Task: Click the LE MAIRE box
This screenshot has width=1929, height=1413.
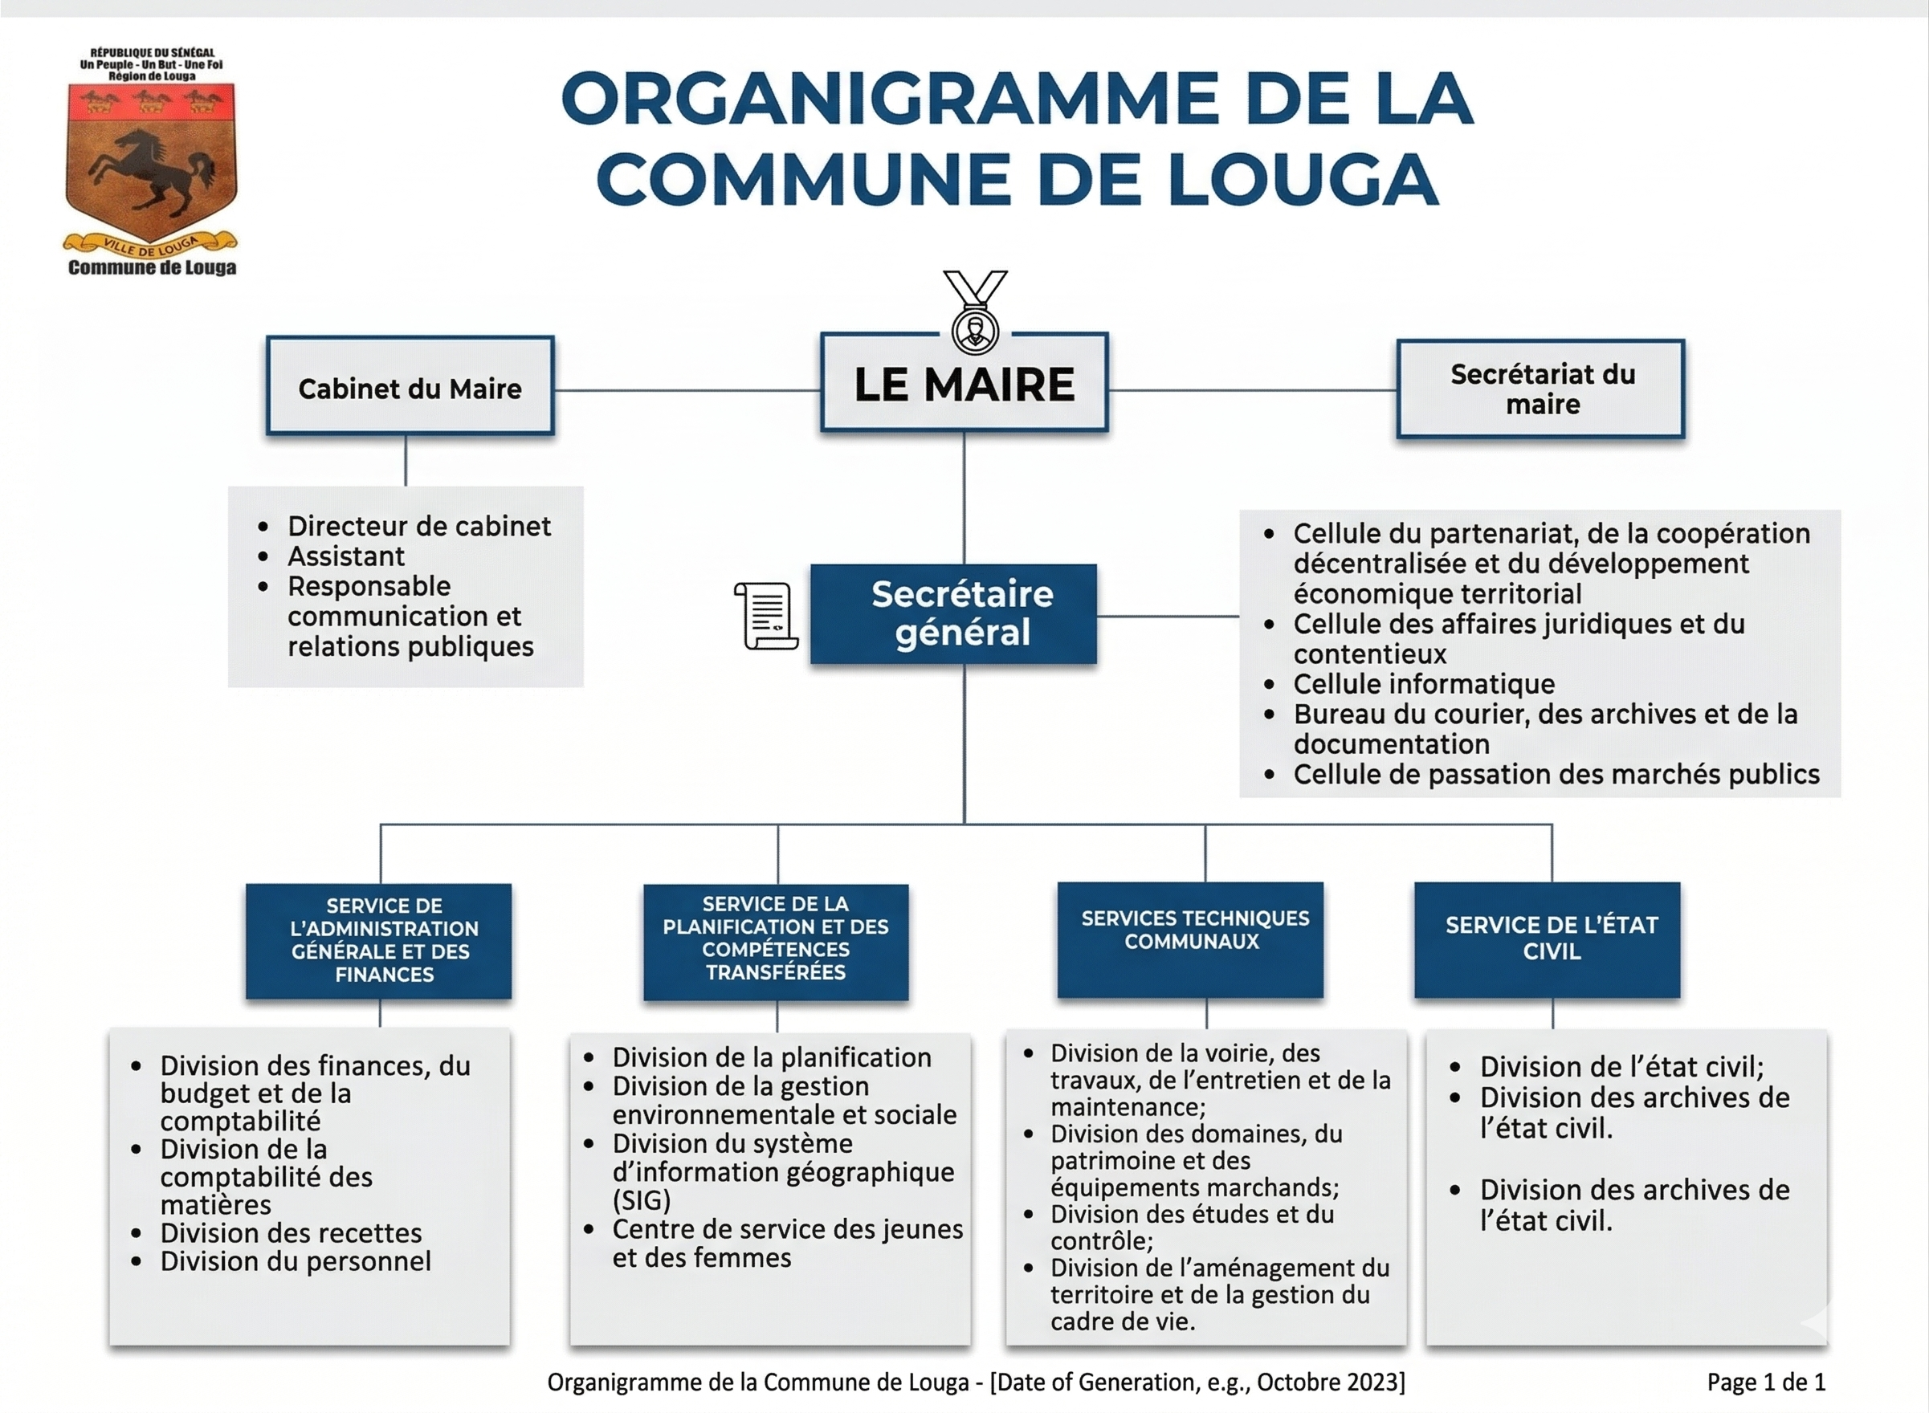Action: coord(964,382)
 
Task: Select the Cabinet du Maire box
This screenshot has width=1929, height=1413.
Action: coord(410,387)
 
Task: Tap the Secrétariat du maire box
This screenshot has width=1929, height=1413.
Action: coord(1540,389)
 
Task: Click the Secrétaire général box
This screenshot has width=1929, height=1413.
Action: coord(953,613)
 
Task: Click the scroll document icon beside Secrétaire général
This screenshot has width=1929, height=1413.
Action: coord(765,616)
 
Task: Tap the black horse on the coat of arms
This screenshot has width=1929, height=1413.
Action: coord(149,167)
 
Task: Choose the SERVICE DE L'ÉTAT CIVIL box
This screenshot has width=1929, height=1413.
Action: coord(1547,939)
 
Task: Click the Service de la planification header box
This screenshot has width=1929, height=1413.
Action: coord(776,941)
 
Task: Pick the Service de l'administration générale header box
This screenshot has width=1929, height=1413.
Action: coord(379,941)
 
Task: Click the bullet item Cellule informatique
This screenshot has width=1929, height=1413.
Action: coord(1423,684)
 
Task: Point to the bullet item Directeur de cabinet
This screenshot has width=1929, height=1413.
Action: coord(418,526)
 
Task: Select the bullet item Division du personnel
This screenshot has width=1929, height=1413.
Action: coord(295,1260)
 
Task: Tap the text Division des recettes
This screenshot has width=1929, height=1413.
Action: coord(291,1232)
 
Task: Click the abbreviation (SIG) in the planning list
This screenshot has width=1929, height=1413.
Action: coord(641,1200)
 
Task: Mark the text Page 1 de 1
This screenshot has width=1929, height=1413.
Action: coord(1766,1382)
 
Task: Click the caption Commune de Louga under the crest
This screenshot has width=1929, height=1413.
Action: coord(153,267)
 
